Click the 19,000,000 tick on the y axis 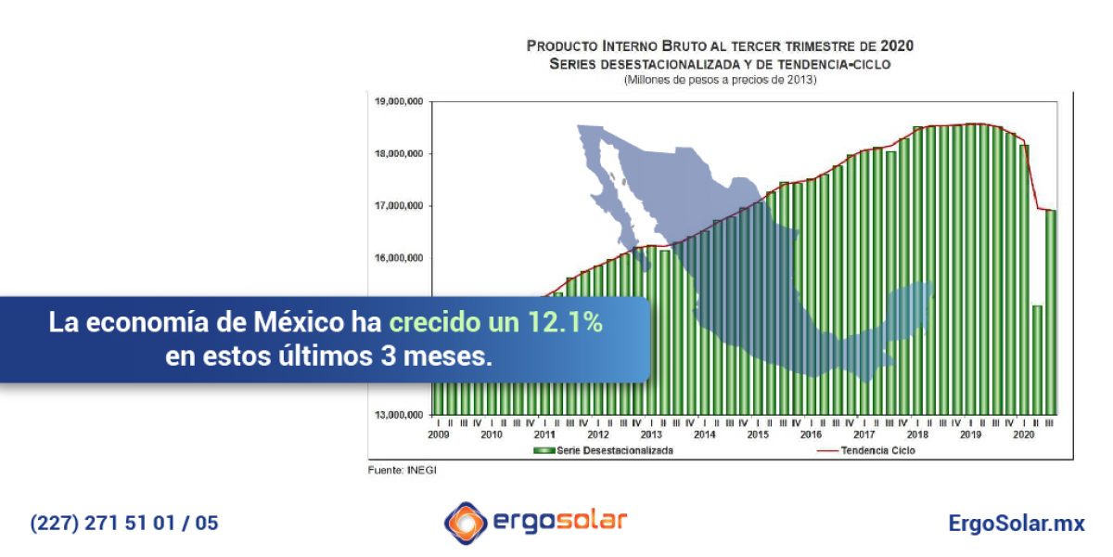[x=400, y=101]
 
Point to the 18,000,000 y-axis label [x=400, y=153]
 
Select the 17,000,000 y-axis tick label [x=400, y=205]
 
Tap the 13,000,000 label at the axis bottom [x=400, y=414]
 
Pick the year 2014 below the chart [x=705, y=434]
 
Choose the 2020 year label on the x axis [x=1025, y=434]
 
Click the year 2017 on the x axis [x=864, y=434]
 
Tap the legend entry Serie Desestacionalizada [x=603, y=449]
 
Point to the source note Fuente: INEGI [x=402, y=471]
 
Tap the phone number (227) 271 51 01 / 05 [x=124, y=523]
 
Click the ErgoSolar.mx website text [x=1017, y=523]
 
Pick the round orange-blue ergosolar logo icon [x=465, y=522]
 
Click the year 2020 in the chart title [x=898, y=45]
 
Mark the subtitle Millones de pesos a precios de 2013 [x=720, y=81]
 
